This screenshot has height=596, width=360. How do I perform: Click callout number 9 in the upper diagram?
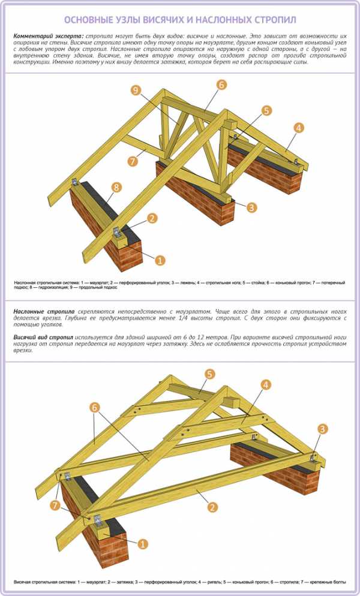[136, 90]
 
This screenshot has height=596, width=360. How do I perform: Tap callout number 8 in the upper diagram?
[116, 187]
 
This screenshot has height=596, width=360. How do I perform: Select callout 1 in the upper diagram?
[160, 260]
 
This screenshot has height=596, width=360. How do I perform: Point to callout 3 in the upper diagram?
[251, 207]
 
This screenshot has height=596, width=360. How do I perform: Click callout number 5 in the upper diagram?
[266, 110]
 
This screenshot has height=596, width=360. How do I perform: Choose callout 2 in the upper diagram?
[152, 218]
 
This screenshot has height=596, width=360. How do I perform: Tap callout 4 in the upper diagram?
[299, 127]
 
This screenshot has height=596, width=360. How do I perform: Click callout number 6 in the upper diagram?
[221, 85]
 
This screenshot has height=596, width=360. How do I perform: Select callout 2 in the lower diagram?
[212, 507]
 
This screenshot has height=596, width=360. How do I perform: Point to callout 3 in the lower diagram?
[323, 429]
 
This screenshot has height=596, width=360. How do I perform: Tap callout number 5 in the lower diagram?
[209, 374]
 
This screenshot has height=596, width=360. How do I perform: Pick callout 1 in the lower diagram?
[143, 544]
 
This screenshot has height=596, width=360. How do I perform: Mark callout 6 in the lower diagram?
[94, 407]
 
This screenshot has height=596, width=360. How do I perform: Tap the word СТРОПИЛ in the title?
[273, 20]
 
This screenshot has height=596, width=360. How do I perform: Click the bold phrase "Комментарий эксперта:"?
[48, 37]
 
